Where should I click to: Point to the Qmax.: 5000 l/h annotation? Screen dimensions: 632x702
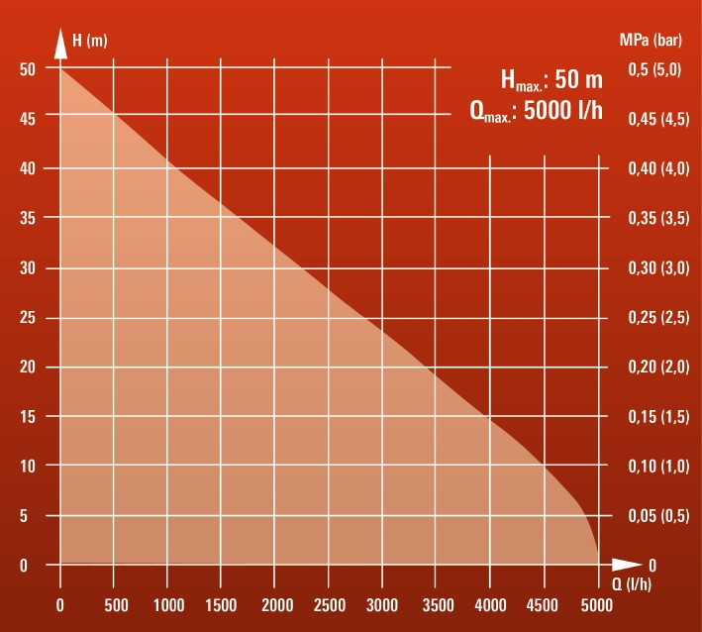pyautogui.click(x=536, y=110)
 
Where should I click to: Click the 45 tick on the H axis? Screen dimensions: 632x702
pyautogui.click(x=28, y=119)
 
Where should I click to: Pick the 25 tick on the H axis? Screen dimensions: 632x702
pyautogui.click(x=28, y=318)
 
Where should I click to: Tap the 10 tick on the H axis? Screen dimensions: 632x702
pyautogui.click(x=28, y=466)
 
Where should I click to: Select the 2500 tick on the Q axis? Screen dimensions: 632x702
pyautogui.click(x=329, y=605)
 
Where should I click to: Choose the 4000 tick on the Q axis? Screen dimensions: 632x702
pyautogui.click(x=490, y=605)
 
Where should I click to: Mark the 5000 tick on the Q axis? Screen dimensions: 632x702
pyautogui.click(x=597, y=605)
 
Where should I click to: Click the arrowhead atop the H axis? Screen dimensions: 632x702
pyautogui.click(x=60, y=45)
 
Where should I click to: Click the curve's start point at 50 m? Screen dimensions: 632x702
pyautogui.click(x=60, y=68)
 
